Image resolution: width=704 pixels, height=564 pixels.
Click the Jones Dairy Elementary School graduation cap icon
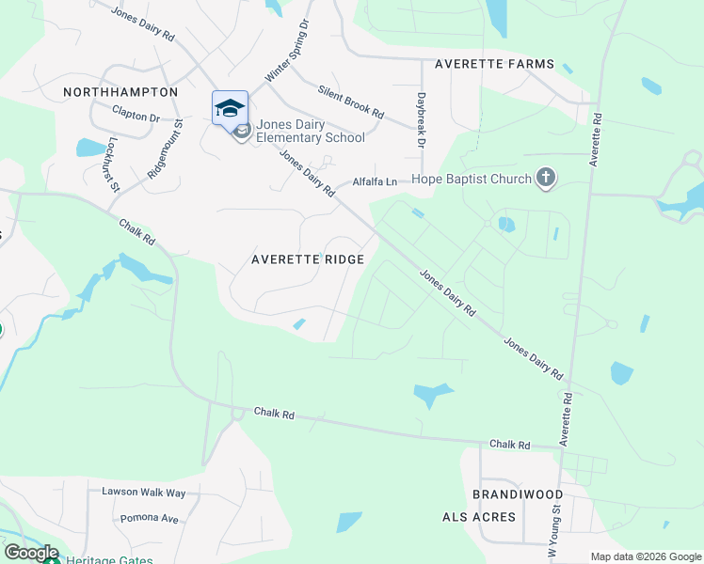pyautogui.click(x=230, y=107)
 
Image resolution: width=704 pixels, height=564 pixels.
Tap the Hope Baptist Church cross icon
pyautogui.click(x=545, y=178)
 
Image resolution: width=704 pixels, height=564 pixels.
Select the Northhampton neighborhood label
pyautogui.click(x=120, y=92)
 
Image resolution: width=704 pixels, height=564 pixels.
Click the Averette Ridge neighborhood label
pyautogui.click(x=308, y=259)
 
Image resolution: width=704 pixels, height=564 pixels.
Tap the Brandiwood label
pyautogui.click(x=518, y=494)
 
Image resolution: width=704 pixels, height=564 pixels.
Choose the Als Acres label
pyautogui.click(x=479, y=517)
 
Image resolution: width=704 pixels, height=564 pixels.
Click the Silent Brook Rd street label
pyautogui.click(x=351, y=101)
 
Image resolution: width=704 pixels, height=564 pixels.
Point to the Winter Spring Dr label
pyautogui.click(x=287, y=50)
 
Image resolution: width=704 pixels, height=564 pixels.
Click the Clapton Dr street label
pyautogui.click(x=136, y=116)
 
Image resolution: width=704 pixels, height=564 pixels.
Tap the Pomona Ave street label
pyautogui.click(x=149, y=518)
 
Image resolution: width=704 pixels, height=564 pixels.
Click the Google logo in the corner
pyautogui.click(x=31, y=553)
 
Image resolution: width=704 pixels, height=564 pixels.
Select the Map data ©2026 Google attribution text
pyautogui.click(x=645, y=556)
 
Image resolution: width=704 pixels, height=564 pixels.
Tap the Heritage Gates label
pyautogui.click(x=104, y=560)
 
